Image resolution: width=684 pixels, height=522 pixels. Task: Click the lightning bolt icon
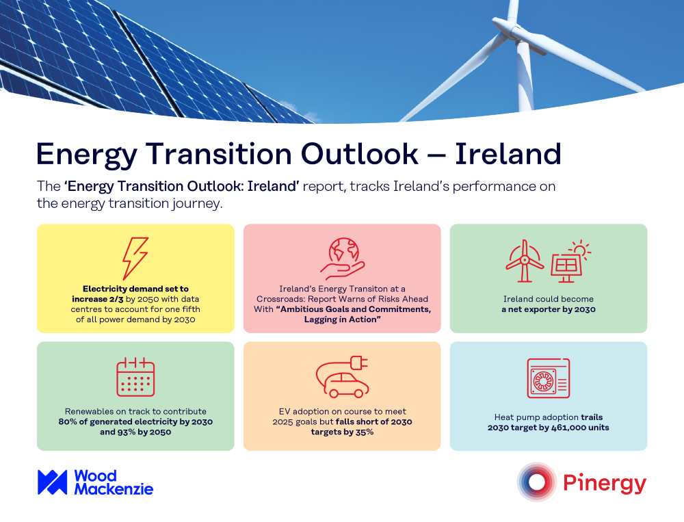(x=135, y=259)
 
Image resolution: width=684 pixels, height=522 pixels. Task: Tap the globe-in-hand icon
(x=343, y=259)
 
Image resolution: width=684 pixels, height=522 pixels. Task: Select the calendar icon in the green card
(x=135, y=377)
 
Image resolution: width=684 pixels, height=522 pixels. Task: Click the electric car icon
(x=343, y=377)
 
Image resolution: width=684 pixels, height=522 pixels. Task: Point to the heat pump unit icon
(x=549, y=378)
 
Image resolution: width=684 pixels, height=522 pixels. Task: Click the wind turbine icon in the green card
(x=525, y=261)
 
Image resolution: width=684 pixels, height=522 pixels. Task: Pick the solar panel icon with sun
(x=570, y=262)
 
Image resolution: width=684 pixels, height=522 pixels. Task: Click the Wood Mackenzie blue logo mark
(x=53, y=482)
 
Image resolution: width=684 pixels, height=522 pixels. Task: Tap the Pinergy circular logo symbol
(x=536, y=482)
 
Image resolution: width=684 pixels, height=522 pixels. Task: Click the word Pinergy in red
(x=605, y=484)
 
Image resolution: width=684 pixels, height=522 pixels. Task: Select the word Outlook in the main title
(x=359, y=154)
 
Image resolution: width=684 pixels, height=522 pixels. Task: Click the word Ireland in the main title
(x=508, y=154)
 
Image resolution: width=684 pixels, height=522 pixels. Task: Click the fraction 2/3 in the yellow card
(x=116, y=300)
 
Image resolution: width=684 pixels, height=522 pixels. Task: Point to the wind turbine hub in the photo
(x=516, y=29)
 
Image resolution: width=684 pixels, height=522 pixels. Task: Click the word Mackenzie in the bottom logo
(x=114, y=489)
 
